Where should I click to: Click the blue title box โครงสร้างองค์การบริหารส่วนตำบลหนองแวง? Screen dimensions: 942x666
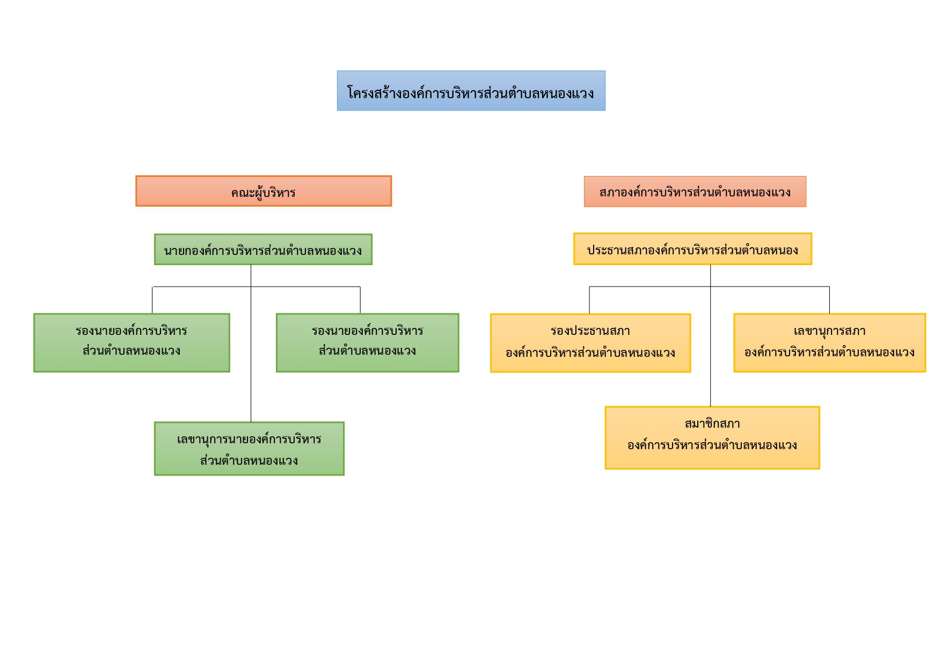point(471,91)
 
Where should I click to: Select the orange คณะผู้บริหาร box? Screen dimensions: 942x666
point(264,191)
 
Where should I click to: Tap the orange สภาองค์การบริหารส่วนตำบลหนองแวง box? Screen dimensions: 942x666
point(695,192)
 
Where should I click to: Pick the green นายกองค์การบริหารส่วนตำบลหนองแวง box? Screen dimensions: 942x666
point(263,250)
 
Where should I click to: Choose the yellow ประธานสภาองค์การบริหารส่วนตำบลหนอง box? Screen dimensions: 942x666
point(692,249)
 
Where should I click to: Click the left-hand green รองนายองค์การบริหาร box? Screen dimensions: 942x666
point(132,343)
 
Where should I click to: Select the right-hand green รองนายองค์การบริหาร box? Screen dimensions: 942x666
point(368,343)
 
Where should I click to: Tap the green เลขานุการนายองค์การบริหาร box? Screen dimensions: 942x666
point(249,449)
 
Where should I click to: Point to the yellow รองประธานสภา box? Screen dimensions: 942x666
point(590,343)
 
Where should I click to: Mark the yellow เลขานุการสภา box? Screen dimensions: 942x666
point(830,343)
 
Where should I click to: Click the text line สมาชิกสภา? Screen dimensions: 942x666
point(712,424)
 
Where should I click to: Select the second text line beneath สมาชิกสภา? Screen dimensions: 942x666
point(712,445)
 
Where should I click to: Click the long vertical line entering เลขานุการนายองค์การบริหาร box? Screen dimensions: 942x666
point(251,343)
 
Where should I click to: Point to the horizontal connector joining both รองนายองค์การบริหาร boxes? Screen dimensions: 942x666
point(257,287)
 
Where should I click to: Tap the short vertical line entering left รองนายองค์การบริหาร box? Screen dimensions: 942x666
point(152,301)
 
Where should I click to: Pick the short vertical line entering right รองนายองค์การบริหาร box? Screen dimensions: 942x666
point(360,301)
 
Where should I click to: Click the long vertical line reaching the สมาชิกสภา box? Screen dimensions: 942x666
point(711,336)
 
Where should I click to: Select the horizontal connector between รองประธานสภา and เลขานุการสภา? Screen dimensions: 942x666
point(710,287)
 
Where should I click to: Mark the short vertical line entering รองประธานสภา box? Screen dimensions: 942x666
point(589,301)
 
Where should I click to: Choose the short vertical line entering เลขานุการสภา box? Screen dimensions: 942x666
point(829,301)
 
